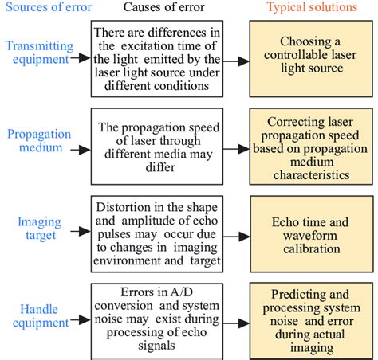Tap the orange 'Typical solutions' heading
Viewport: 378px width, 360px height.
pos(311,8)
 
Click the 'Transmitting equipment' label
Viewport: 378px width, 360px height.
pos(38,53)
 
